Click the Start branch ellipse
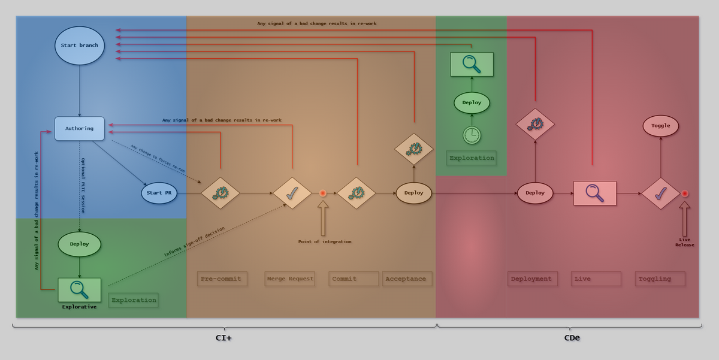(x=80, y=46)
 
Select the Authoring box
(x=80, y=129)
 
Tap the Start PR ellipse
(x=159, y=193)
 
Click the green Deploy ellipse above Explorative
(x=79, y=244)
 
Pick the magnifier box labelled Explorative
(x=79, y=289)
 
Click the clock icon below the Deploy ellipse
(x=472, y=135)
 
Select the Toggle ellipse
(x=661, y=126)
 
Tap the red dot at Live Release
(x=685, y=193)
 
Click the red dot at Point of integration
(x=322, y=193)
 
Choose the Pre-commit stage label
(x=222, y=279)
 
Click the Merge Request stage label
(x=289, y=279)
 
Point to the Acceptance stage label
(x=406, y=279)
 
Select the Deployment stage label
(x=532, y=279)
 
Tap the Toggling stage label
(x=660, y=279)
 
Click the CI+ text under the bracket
(x=224, y=338)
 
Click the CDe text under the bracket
(x=572, y=338)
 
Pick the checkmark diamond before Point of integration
(x=292, y=193)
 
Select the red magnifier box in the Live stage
(x=594, y=193)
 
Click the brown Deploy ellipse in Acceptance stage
(x=413, y=193)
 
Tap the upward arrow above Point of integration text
(x=322, y=219)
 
